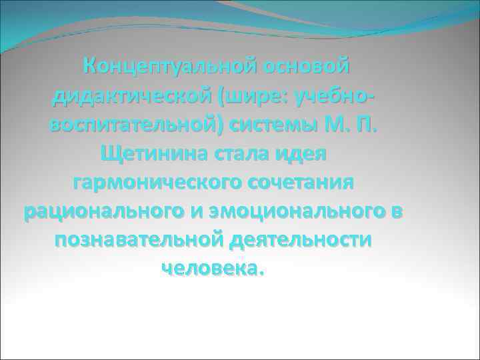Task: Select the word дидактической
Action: tap(131, 97)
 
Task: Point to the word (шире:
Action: tap(251, 97)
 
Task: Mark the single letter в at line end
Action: tap(398, 212)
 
